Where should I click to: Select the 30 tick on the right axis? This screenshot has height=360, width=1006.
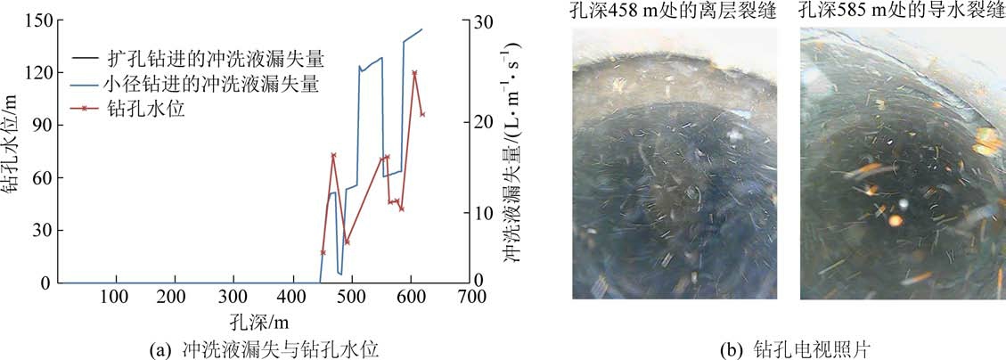[x=482, y=20]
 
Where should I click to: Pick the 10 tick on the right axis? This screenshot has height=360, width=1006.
[x=482, y=213]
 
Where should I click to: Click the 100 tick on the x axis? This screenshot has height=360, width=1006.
[x=116, y=297]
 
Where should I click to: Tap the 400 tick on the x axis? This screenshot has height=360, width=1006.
[x=292, y=297]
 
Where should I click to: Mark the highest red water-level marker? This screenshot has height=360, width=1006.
[x=414, y=72]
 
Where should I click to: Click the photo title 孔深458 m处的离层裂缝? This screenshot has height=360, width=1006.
[x=674, y=12]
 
